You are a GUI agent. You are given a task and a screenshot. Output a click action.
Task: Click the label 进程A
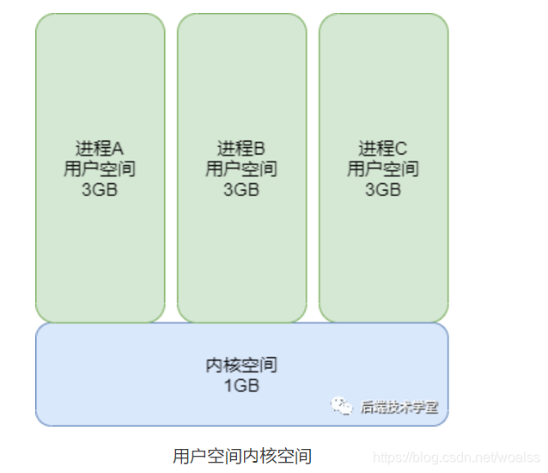[x=100, y=148]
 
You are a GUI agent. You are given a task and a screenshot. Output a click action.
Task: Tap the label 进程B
[x=241, y=148]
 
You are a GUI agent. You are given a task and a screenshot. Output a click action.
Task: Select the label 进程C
[x=383, y=148]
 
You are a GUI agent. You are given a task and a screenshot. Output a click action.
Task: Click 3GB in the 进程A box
[x=100, y=190]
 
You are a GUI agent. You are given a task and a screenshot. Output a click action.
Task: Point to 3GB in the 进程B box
[x=241, y=190]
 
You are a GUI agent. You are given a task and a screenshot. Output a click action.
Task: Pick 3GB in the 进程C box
[x=383, y=190]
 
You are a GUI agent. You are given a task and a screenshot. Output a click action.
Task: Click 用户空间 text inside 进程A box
[x=100, y=169]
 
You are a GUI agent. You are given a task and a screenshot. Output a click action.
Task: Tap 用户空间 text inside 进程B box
[x=241, y=169]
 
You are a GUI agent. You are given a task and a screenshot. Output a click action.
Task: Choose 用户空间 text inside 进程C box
[x=383, y=169]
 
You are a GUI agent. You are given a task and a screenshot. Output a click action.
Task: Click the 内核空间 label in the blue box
[x=241, y=365]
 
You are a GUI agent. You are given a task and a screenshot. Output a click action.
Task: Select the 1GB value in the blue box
[x=241, y=386]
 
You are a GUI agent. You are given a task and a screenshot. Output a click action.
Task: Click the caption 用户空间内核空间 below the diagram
[x=241, y=455]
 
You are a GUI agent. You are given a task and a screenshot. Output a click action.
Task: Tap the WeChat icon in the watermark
[x=343, y=406]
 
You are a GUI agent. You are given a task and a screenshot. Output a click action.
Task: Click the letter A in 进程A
[x=119, y=148]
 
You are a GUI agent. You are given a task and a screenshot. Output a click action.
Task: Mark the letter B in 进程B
[x=260, y=148]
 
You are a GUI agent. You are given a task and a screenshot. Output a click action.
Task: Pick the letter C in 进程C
[x=402, y=148]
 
